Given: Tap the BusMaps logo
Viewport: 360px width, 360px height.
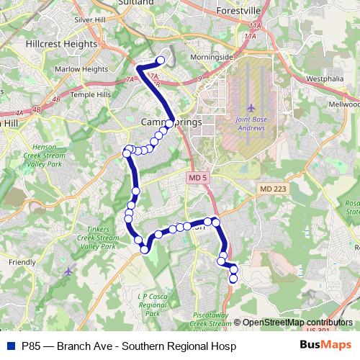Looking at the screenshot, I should point(326,343).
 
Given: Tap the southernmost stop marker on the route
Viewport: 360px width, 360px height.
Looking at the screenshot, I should point(233,278).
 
